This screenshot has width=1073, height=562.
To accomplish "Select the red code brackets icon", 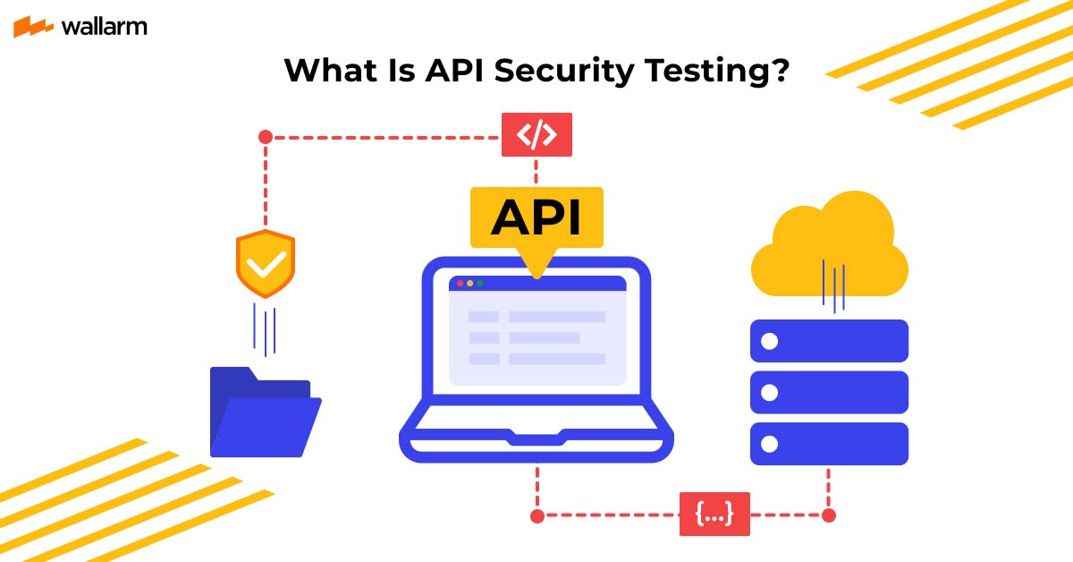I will click(x=536, y=135).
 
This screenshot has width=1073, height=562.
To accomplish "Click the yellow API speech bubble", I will click(x=536, y=217).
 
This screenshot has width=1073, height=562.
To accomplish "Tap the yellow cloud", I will click(x=829, y=247).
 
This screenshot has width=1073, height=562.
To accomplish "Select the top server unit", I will click(x=829, y=341).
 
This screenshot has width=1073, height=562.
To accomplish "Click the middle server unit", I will click(x=829, y=392).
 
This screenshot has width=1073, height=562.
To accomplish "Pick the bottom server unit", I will click(x=829, y=444).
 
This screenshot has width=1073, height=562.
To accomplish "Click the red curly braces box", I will click(x=714, y=514).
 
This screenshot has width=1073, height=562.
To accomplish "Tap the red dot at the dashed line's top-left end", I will click(x=265, y=137).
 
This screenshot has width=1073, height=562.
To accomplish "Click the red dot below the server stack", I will click(x=829, y=515).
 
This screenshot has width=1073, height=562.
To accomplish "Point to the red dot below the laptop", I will click(x=536, y=515).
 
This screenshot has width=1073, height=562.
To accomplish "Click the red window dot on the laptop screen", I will click(x=460, y=284).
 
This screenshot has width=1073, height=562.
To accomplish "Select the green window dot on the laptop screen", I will click(x=480, y=284).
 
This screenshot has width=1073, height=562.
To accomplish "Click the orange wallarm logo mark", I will click(x=34, y=27).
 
